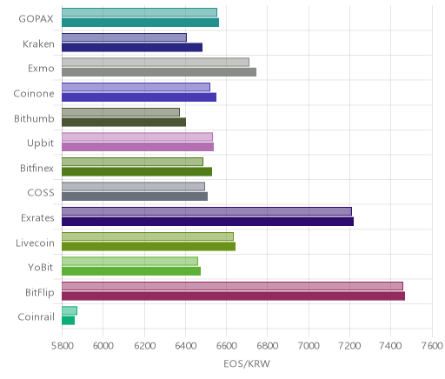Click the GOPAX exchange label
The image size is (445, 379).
pyautogui.click(x=36, y=19)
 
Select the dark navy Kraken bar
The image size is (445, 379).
pyautogui.click(x=132, y=47)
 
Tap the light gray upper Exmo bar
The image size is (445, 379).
pyautogui.click(x=156, y=62)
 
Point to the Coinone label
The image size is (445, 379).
pyautogui.click(x=34, y=93)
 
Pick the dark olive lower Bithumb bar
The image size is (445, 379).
pyautogui.click(x=123, y=122)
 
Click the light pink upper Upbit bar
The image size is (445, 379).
pyautogui.click(x=137, y=136)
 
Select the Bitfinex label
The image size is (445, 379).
pyautogui.click(x=37, y=168)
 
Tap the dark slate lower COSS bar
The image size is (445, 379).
pyautogui.click(x=135, y=196)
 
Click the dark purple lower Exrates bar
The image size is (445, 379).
pyautogui.click(x=208, y=222)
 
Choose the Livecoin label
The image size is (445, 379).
pyautogui.click(x=35, y=243)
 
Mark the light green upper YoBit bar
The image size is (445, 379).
pyautogui.click(x=130, y=261)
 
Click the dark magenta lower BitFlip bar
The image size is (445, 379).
pyautogui.click(x=233, y=296)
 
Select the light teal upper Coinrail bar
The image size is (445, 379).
pyautogui.click(x=70, y=310)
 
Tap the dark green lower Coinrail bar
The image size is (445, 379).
pyautogui.click(x=68, y=321)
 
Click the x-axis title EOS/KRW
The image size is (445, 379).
pyautogui.click(x=247, y=363)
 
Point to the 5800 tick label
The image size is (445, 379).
pyautogui.click(x=62, y=346)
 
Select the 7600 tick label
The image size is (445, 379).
pyautogui.click(x=432, y=346)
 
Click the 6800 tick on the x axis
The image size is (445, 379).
pyautogui.click(x=267, y=346)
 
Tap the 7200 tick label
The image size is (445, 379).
pyautogui.click(x=349, y=346)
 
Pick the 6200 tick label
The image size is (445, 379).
pyautogui.click(x=144, y=346)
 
